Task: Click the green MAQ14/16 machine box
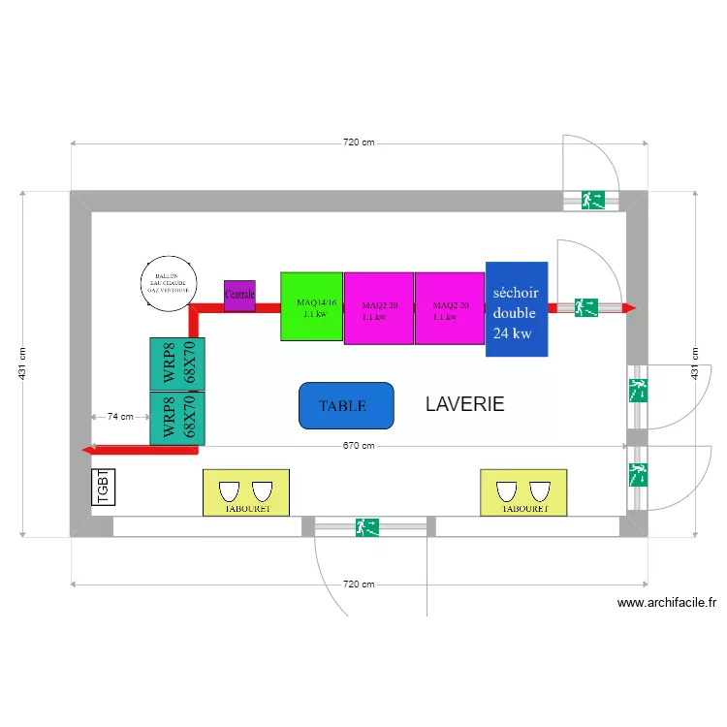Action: click(x=311, y=306)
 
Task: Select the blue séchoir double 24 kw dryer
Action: click(x=517, y=309)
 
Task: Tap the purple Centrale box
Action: click(x=239, y=295)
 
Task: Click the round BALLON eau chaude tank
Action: click(x=170, y=283)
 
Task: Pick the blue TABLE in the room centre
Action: click(x=346, y=406)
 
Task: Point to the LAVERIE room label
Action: click(x=464, y=404)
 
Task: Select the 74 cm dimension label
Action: click(x=120, y=417)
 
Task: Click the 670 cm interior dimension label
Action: click(x=359, y=446)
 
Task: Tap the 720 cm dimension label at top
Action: click(x=359, y=142)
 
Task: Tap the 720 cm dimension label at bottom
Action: click(x=359, y=585)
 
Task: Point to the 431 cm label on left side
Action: click(x=23, y=363)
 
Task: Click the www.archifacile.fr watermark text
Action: click(x=667, y=602)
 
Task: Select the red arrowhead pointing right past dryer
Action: click(x=629, y=308)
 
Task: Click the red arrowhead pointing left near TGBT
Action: click(x=87, y=450)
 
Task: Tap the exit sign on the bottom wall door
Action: click(x=367, y=527)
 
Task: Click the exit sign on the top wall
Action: click(x=592, y=200)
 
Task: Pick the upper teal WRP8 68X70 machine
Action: click(x=177, y=364)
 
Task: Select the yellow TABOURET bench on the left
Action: click(x=245, y=492)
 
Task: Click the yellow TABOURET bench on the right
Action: click(x=523, y=492)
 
